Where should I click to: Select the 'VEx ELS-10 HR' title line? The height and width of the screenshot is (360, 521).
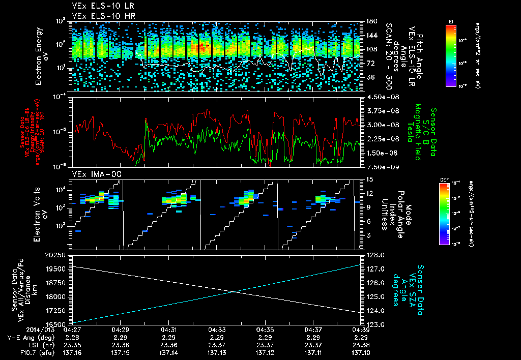[97, 16]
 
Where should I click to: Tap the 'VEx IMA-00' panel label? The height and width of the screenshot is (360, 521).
[91, 174]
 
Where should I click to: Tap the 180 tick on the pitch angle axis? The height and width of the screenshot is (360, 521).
[370, 21]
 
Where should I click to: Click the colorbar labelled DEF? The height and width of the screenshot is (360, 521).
[444, 213]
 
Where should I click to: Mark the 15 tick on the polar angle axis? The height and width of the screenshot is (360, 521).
[370, 179]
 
